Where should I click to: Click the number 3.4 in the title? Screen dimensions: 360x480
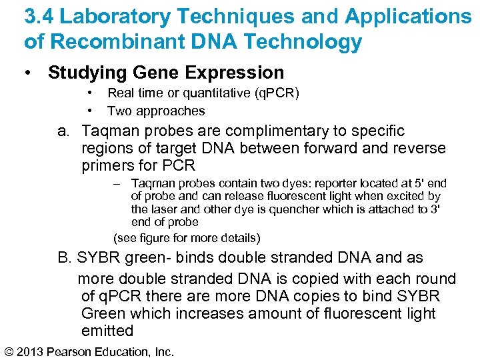tap(39, 16)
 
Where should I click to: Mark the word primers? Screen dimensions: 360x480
tap(110, 165)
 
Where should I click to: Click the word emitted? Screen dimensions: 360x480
tap(107, 331)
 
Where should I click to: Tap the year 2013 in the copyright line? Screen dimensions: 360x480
tap(35, 351)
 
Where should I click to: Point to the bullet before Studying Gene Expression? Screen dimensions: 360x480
tap(29, 73)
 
